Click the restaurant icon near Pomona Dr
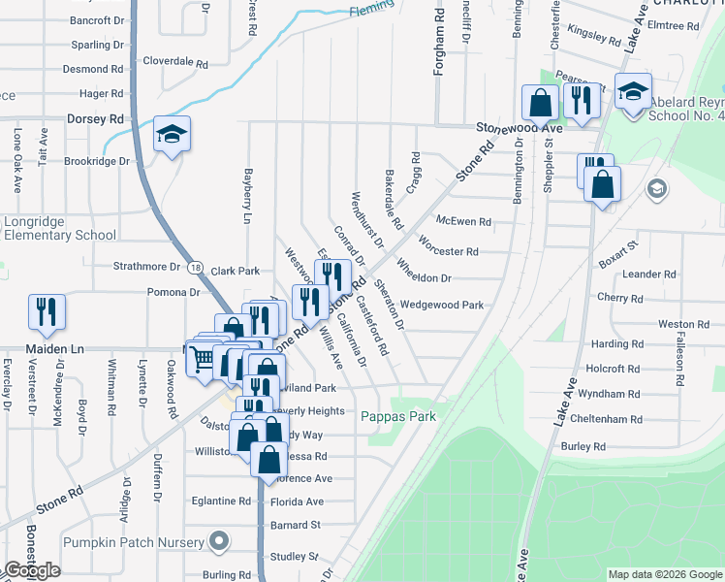click(47, 310)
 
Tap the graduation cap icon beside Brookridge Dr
click(172, 135)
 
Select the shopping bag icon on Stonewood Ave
click(540, 102)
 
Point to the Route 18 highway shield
click(197, 267)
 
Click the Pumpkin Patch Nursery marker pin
click(219, 540)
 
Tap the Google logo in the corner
click(32, 570)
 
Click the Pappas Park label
click(398, 416)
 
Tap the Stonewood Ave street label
click(519, 128)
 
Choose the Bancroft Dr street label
click(98, 19)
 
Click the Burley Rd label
click(583, 446)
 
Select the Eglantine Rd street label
click(220, 501)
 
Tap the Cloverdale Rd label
click(175, 61)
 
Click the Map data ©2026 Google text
click(664, 574)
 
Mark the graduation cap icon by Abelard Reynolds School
click(633, 93)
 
